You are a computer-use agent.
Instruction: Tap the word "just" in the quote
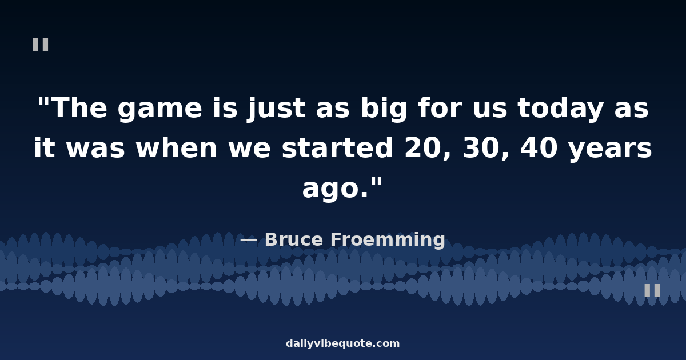276,109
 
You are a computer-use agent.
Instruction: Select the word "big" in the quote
384,109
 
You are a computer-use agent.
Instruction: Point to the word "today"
560,109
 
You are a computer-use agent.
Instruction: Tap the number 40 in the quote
539,147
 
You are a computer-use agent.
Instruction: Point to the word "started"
337,147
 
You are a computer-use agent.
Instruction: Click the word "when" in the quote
177,147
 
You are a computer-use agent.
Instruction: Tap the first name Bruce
294,239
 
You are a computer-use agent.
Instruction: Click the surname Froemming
388,240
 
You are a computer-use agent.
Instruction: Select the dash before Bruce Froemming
248,240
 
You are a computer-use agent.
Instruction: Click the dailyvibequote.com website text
342,343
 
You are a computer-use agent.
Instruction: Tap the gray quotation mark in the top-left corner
41,45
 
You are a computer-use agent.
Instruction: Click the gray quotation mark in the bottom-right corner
652,290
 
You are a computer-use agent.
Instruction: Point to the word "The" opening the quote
80,108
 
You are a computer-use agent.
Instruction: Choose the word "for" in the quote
440,108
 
